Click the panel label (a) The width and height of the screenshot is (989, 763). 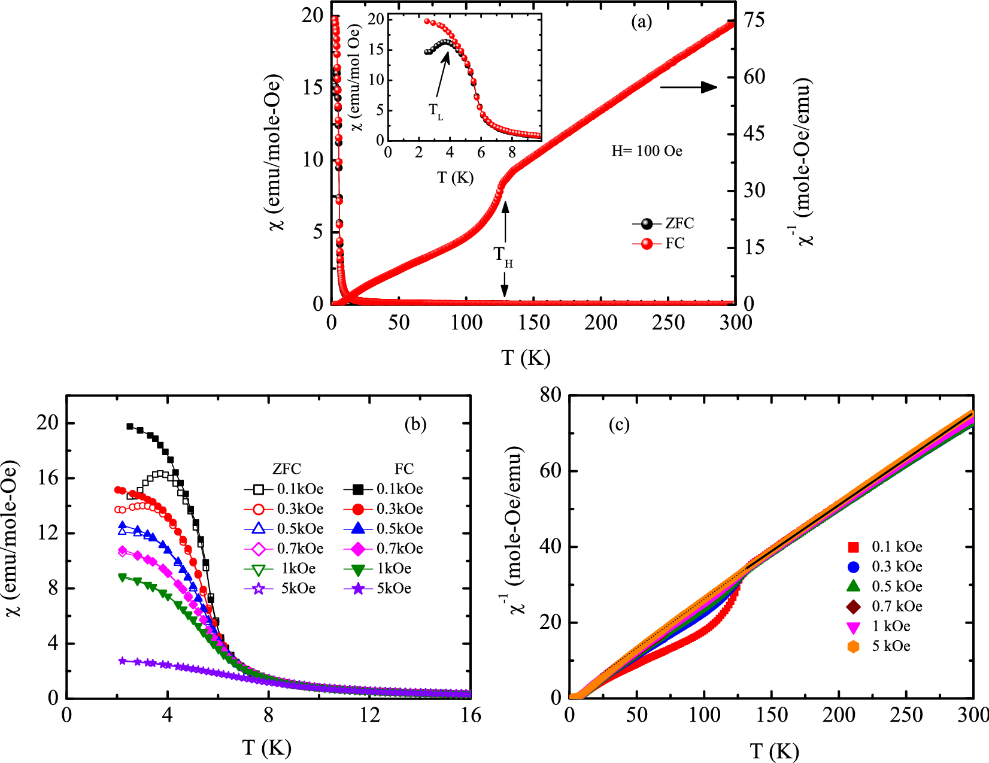click(x=641, y=23)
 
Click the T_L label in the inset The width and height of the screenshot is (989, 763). click(x=436, y=111)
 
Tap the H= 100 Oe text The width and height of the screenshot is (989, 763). click(x=647, y=151)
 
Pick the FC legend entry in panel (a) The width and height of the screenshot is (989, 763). click(x=659, y=244)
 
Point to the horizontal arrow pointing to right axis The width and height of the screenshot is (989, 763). click(x=688, y=87)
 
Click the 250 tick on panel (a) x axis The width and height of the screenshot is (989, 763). click(x=668, y=323)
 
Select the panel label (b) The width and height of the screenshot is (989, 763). click(x=415, y=424)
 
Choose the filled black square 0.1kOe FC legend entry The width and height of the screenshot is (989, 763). click(x=383, y=489)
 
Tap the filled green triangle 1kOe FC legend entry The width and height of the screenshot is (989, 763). click(x=383, y=569)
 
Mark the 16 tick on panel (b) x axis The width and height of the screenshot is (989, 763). click(x=471, y=715)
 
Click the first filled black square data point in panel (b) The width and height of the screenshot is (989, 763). click(x=130, y=426)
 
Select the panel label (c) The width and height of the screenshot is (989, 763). click(x=619, y=425)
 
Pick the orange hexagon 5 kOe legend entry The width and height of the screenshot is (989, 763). click(x=879, y=646)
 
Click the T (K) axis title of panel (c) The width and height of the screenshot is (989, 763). click(x=774, y=751)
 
